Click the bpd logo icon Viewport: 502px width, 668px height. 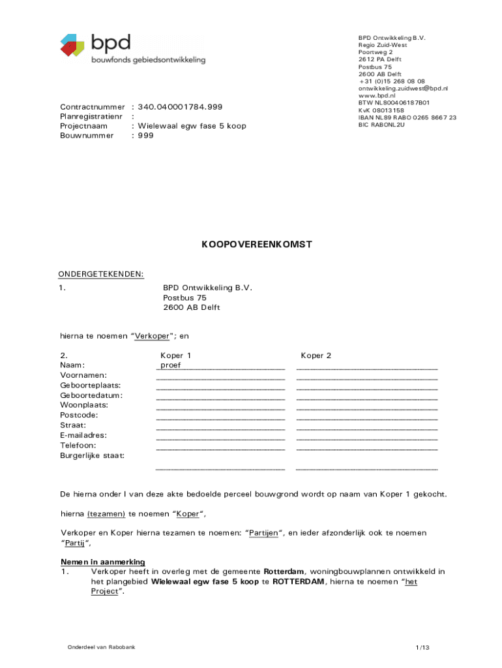pos(72,44)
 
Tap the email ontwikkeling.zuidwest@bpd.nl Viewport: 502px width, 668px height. pos(403,88)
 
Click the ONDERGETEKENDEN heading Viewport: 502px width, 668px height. pos(102,274)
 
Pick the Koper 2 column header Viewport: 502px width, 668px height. pos(316,356)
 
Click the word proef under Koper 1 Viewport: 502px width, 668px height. pos(171,365)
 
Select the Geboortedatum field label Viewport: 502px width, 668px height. pos(91,395)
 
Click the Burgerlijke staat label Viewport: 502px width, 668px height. pos(93,455)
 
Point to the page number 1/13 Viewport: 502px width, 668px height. pos(422,648)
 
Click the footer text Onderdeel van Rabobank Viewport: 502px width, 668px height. pos(101,647)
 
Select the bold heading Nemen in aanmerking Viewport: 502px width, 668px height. pos(103,562)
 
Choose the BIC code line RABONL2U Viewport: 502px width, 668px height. pos(381,125)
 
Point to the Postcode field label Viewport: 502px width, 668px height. pos(79,415)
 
